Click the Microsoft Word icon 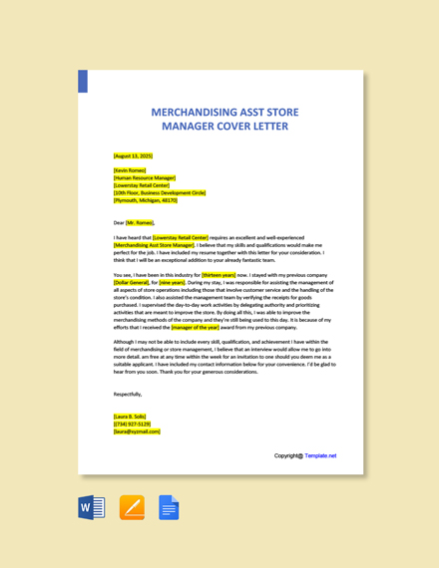pyautogui.click(x=92, y=508)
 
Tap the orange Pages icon pyautogui.click(x=132, y=508)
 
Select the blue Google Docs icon pyautogui.click(x=169, y=508)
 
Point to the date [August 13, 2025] pyautogui.click(x=134, y=156)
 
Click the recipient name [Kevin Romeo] pyautogui.click(x=131, y=170)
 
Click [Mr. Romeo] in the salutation pyautogui.click(x=140, y=222)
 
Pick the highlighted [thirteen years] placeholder pyautogui.click(x=219, y=274)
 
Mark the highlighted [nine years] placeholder pyautogui.click(x=172, y=282)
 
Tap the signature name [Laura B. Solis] pyautogui.click(x=130, y=417)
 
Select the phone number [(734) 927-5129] pyautogui.click(x=133, y=424)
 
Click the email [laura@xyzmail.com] pyautogui.click(x=137, y=431)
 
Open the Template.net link pyautogui.click(x=320, y=455)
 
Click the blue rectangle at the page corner pyautogui.click(x=83, y=81)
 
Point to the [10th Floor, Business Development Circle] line pyautogui.click(x=160, y=192)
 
